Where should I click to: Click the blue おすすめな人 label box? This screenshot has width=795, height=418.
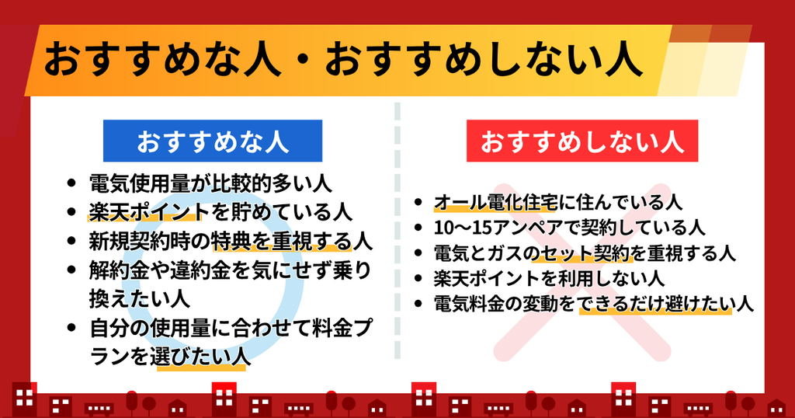coord(213,141)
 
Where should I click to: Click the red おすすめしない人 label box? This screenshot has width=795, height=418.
coord(582,141)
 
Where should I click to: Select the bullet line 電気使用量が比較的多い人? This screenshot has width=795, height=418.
coord(211,183)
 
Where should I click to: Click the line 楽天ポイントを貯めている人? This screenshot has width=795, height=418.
coord(220,212)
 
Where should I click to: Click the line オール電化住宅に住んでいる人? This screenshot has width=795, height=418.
coord(557,203)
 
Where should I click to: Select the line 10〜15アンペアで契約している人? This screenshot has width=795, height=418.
coord(569,228)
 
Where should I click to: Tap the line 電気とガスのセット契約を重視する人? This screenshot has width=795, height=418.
coord(585,253)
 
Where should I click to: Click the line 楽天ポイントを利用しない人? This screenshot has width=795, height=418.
coord(549,278)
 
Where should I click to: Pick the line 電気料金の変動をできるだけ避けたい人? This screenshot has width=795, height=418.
coord(594,304)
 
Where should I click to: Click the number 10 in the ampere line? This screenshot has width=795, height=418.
coord(444,228)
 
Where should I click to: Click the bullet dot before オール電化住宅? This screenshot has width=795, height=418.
coord(418,203)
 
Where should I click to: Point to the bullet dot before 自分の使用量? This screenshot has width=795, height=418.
coord(71,328)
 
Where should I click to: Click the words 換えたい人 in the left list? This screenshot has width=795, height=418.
coord(140,299)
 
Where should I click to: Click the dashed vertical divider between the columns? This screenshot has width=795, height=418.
coord(397,231)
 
